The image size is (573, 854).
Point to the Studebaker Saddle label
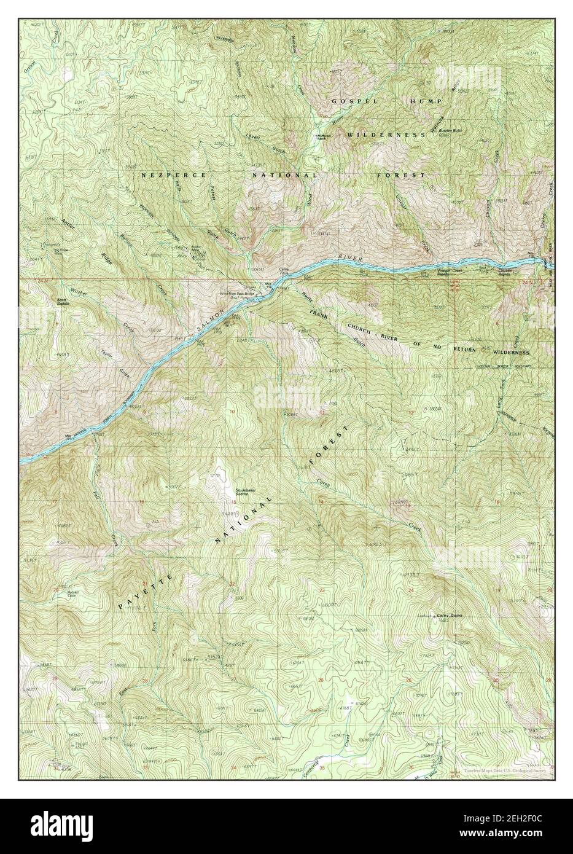pyautogui.click(x=249, y=492)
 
